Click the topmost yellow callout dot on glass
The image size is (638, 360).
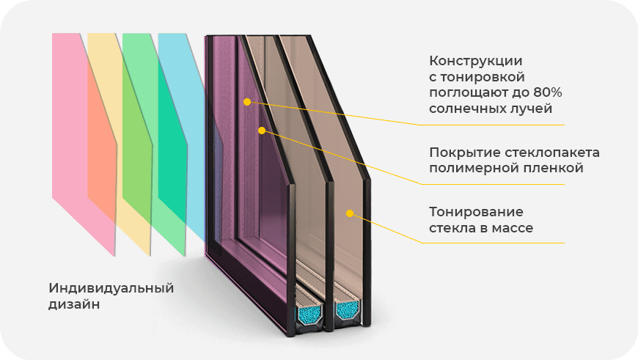[x=247, y=102]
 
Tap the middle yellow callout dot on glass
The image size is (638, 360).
[x=261, y=131]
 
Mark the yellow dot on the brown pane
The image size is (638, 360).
[x=350, y=213]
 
